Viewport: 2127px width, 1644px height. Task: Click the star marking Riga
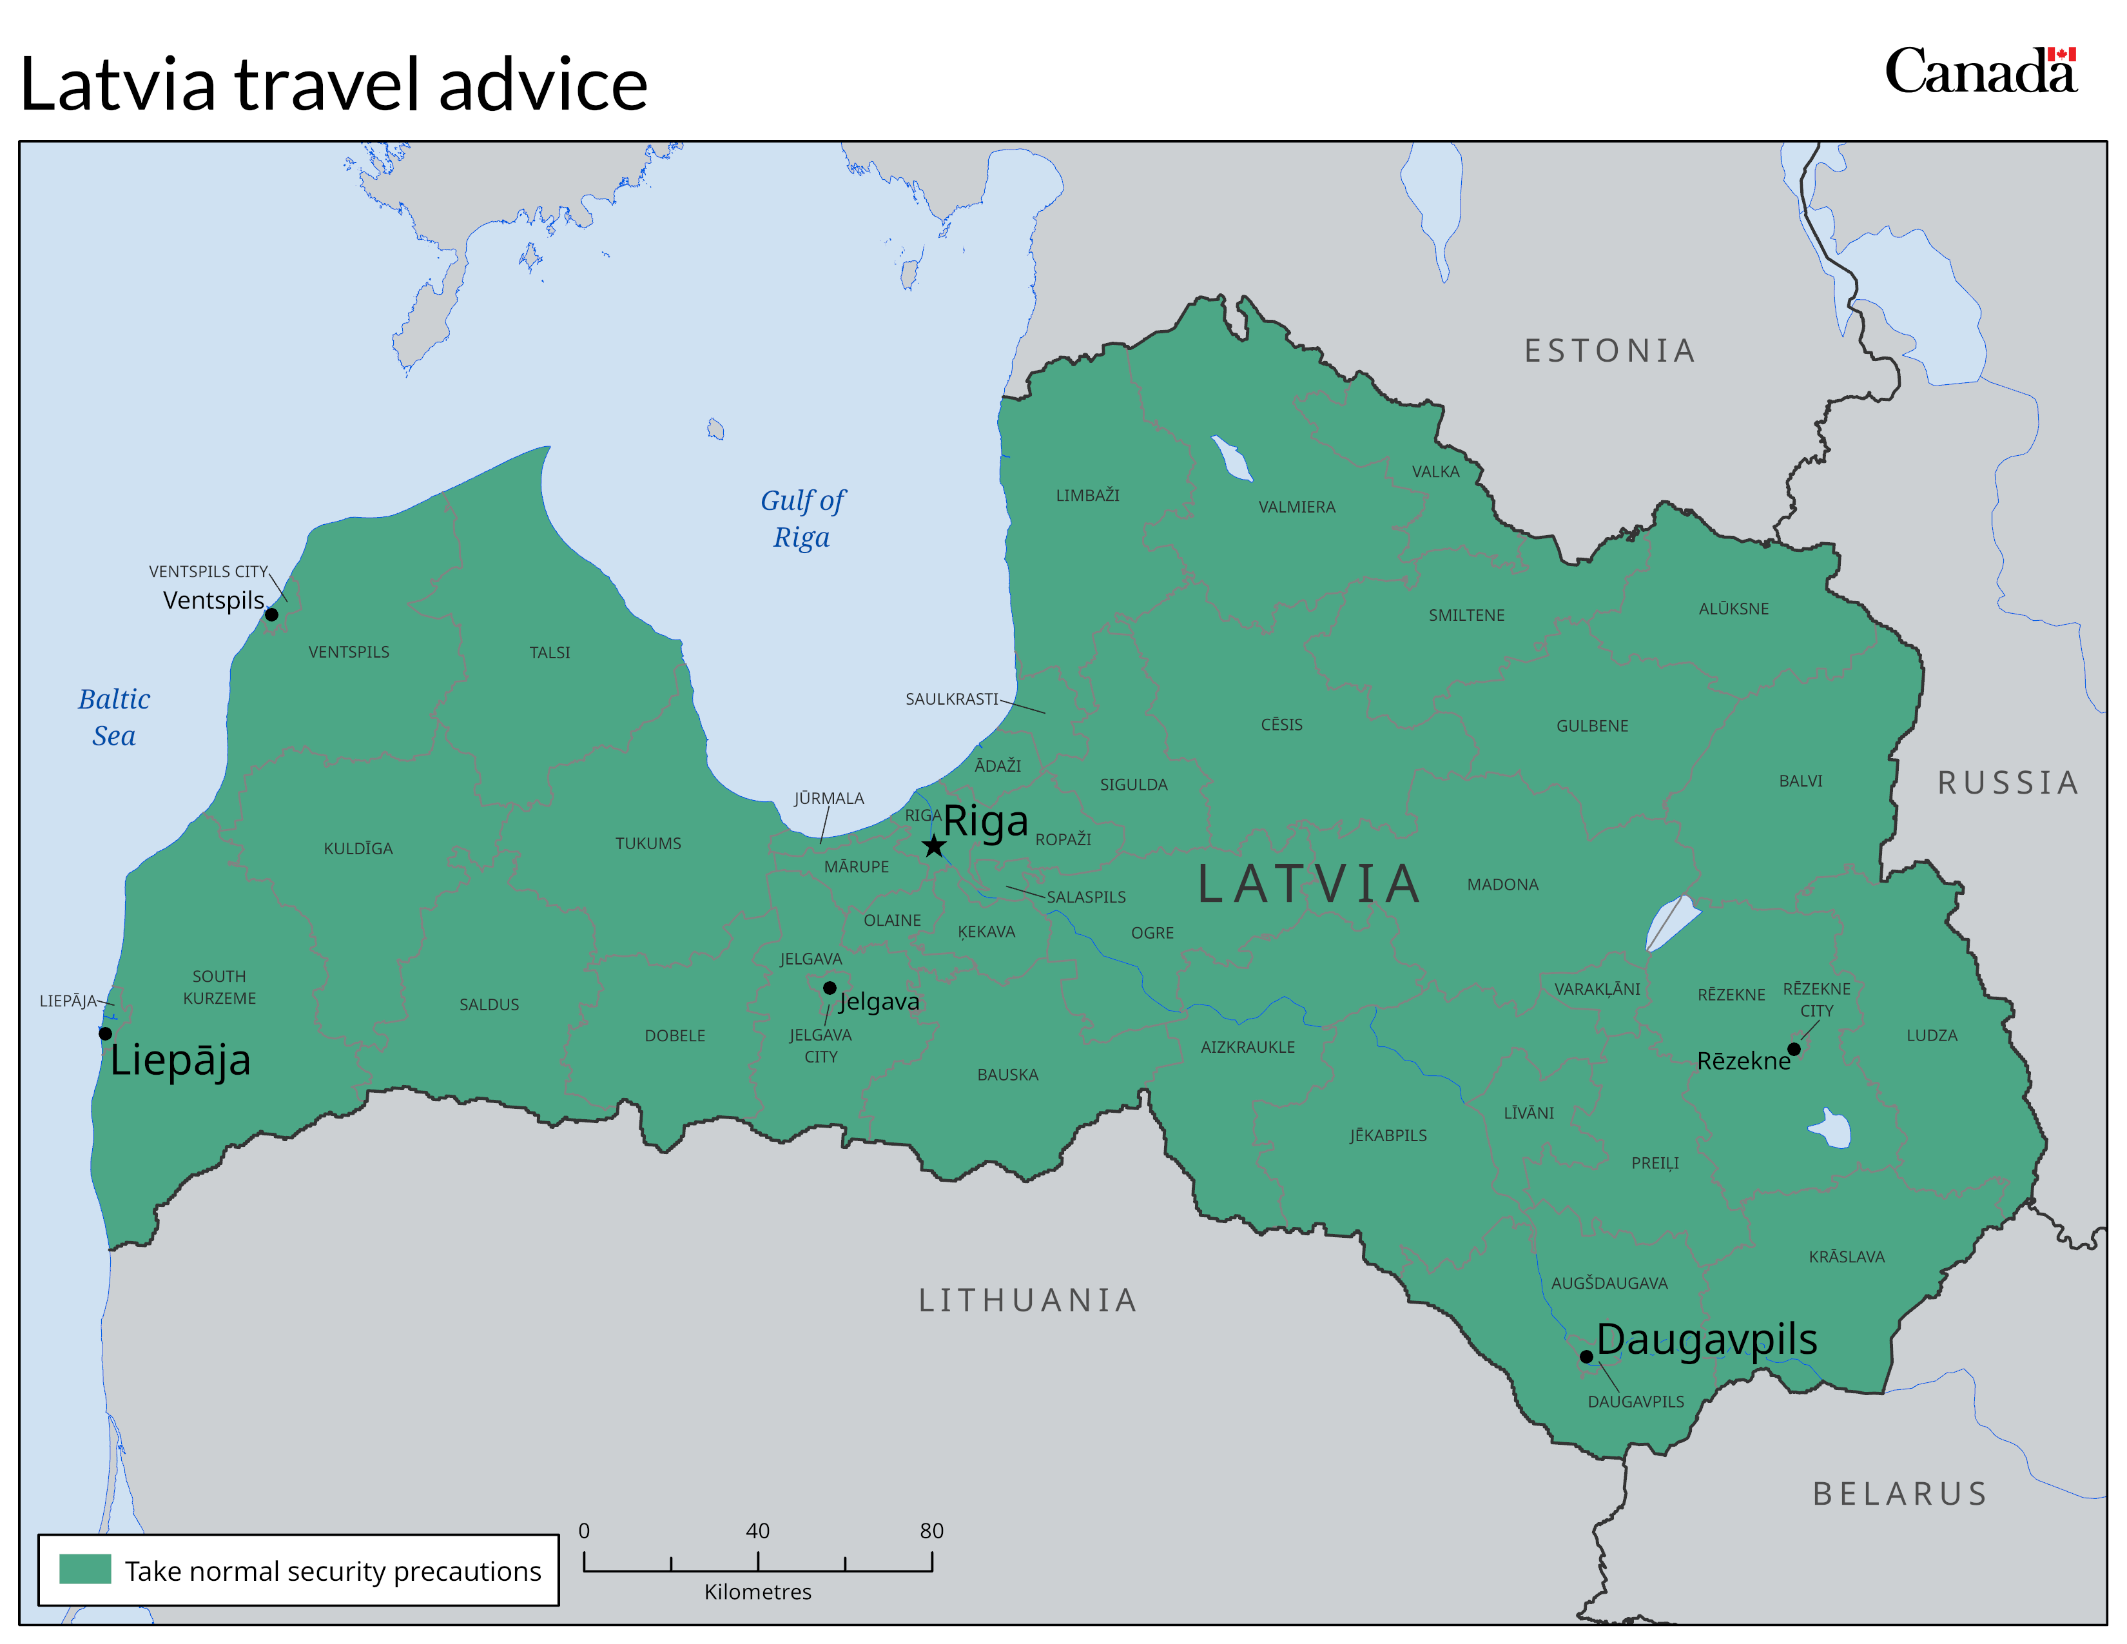point(933,845)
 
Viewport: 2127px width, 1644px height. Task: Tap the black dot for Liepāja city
point(105,1033)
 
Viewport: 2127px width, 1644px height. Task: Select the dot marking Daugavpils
point(1586,1356)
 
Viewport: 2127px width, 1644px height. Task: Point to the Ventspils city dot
point(272,614)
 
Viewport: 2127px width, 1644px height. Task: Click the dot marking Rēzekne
point(1793,1049)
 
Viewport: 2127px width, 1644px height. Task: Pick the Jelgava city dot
point(829,988)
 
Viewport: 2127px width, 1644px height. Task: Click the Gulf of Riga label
point(802,518)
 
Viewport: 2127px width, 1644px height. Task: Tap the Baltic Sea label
point(114,717)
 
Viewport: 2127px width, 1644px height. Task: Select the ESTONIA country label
point(1609,351)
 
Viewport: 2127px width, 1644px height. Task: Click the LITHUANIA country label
point(1027,1300)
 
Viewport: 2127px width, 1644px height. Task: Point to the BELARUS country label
point(1899,1493)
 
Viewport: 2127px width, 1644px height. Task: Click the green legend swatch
point(84,1569)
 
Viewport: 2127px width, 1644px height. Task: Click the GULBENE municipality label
point(1591,725)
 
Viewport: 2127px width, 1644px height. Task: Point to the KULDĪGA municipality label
point(358,848)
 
